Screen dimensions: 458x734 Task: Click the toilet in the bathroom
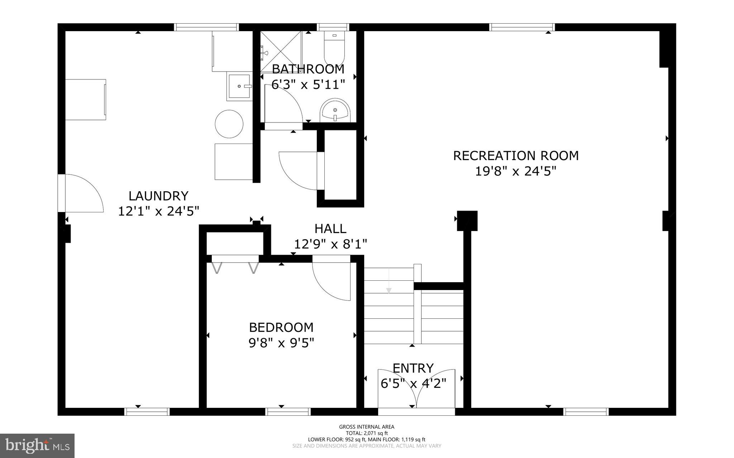tap(334, 48)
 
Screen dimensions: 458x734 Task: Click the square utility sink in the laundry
tap(239, 86)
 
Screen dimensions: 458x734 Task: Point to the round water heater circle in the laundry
tap(229, 124)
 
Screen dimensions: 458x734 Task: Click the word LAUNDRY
tap(158, 196)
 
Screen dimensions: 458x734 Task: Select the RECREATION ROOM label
tap(516, 156)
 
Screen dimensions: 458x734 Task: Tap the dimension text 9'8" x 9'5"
tap(281, 343)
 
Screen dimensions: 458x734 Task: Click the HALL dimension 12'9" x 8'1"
tap(330, 245)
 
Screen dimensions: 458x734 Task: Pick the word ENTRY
tap(413, 368)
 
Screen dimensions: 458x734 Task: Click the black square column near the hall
tap(467, 221)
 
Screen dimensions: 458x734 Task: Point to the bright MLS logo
tap(37, 445)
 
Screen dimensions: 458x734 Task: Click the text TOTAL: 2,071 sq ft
tap(366, 433)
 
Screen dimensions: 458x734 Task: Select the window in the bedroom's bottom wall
tap(288, 411)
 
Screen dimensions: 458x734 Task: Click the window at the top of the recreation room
tap(522, 27)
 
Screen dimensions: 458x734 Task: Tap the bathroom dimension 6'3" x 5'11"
tap(308, 85)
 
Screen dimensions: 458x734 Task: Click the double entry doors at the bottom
tap(416, 390)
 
